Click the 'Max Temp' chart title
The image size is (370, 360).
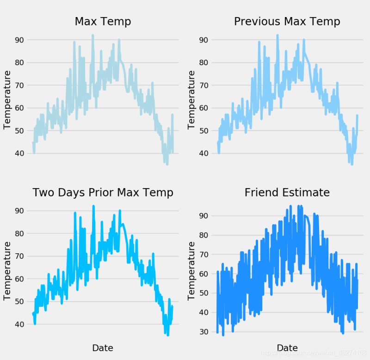103,22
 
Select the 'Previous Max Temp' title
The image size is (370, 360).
287,22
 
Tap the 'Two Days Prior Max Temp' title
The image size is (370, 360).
103,193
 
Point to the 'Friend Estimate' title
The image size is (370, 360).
287,193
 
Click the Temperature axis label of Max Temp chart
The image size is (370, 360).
7,99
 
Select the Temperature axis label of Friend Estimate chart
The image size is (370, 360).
191,270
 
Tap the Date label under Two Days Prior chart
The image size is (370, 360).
103,348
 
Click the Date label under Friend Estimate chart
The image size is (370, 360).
287,348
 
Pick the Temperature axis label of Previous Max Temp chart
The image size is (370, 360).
191,99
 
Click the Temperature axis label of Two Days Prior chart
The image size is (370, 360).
7,270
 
